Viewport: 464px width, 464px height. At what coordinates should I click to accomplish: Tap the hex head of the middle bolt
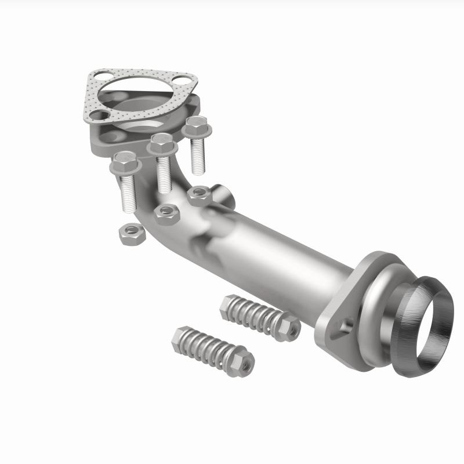click(162, 144)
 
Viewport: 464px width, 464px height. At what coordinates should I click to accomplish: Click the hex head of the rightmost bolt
click(196, 125)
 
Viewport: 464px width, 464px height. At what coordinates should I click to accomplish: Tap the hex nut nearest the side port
click(199, 195)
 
